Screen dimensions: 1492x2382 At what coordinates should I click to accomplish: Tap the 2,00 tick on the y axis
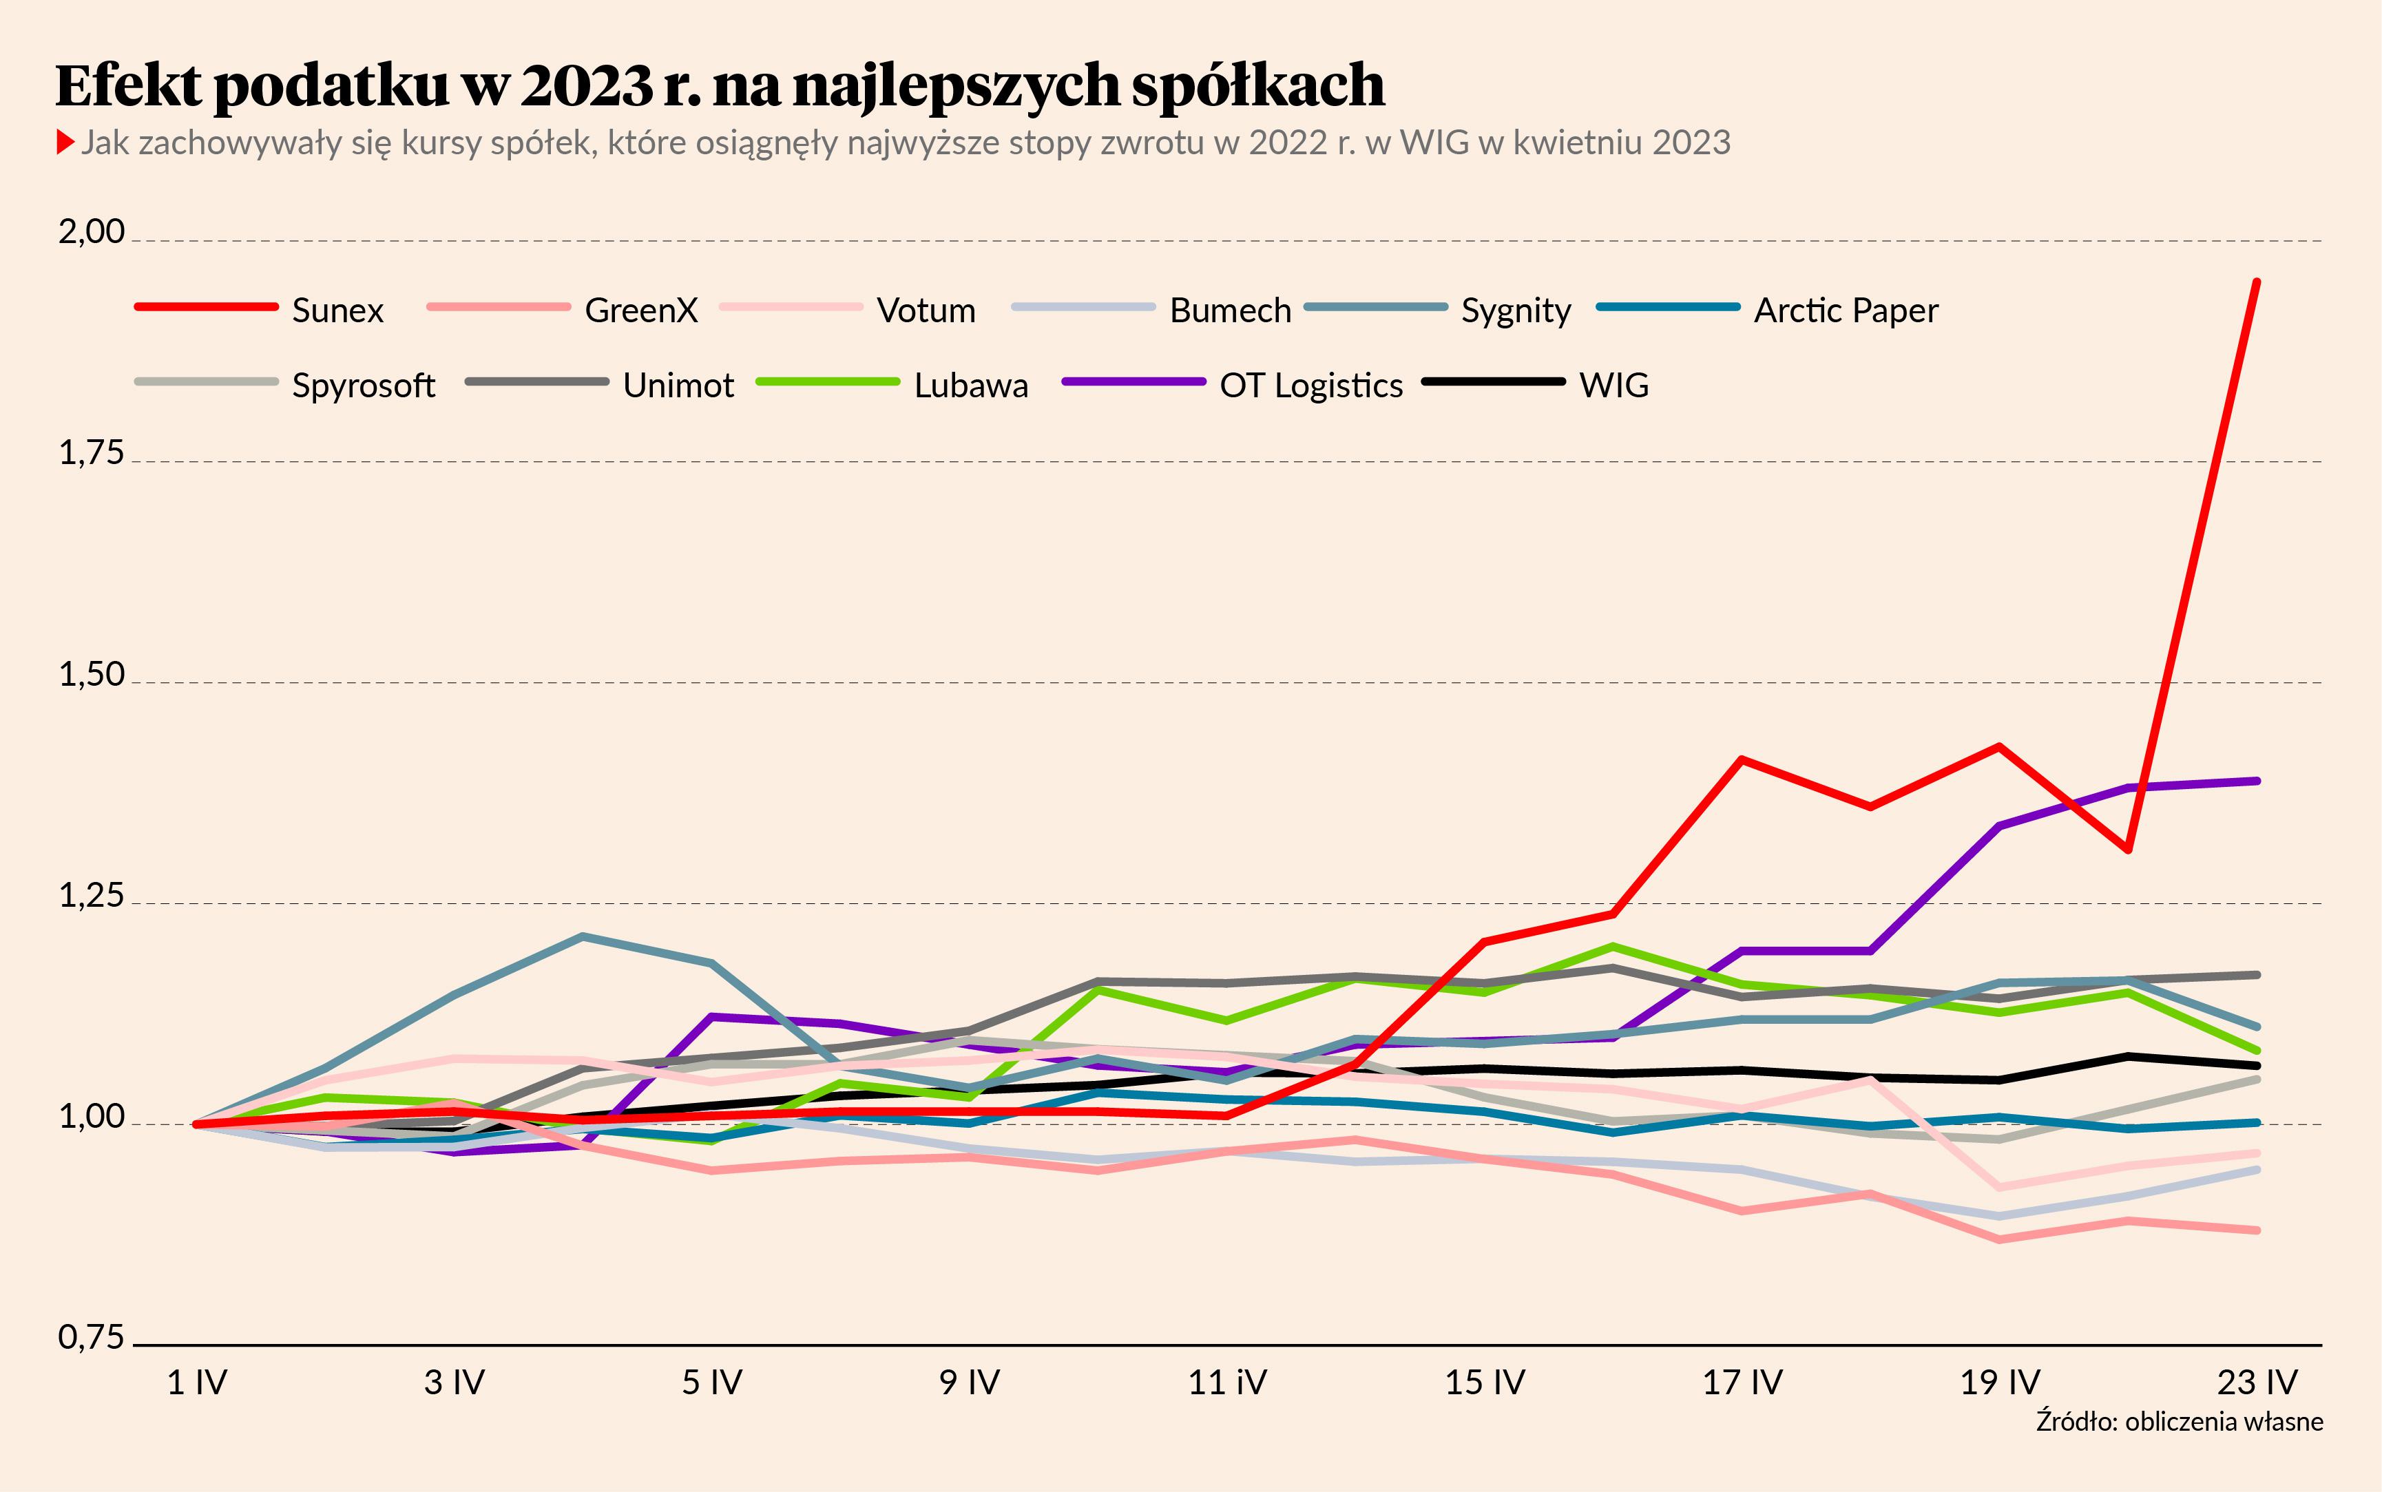(x=92, y=232)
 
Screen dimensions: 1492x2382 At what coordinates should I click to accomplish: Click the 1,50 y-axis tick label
(x=92, y=675)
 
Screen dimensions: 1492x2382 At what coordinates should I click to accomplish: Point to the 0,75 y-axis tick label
(x=92, y=1338)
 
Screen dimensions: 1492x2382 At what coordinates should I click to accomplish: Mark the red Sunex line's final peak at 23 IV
(x=2257, y=282)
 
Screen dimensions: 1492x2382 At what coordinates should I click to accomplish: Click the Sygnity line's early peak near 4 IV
(x=583, y=936)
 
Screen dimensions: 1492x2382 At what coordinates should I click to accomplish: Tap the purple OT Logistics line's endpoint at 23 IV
(x=2257, y=781)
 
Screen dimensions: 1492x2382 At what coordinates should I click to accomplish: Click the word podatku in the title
(x=331, y=86)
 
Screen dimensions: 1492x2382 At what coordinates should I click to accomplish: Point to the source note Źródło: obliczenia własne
(x=2179, y=1422)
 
